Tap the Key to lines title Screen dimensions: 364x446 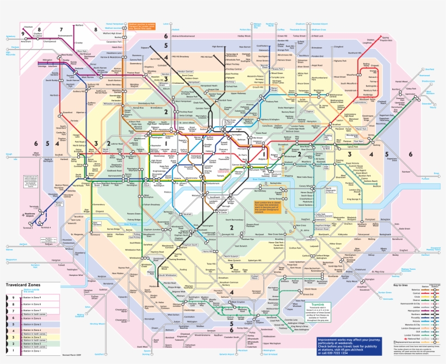[400, 285]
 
